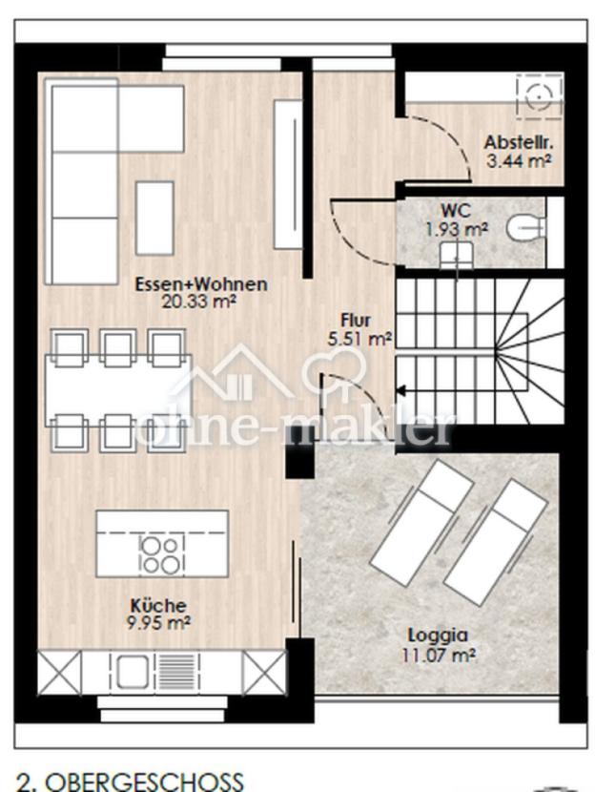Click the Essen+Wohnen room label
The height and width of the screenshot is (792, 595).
[x=201, y=283]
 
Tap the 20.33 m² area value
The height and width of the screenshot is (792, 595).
[x=199, y=302]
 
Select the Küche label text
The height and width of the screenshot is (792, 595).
[x=158, y=605]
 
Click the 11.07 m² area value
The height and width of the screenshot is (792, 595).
[x=438, y=656]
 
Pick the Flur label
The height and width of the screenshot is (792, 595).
[x=356, y=321]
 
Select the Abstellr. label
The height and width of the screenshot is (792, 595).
[x=519, y=142]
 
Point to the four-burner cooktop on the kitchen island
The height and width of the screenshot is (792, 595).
[x=161, y=554]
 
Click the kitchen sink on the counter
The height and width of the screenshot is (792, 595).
[x=132, y=672]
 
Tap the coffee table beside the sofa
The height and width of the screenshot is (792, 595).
[x=154, y=219]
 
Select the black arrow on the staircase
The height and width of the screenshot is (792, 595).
[x=401, y=390]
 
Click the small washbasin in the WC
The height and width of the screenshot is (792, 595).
[x=456, y=255]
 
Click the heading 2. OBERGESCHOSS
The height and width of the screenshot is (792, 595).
[x=131, y=781]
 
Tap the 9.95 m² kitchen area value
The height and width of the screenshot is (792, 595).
[x=158, y=623]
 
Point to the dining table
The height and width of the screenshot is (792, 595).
[x=118, y=390]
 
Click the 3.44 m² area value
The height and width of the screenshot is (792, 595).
[x=519, y=161]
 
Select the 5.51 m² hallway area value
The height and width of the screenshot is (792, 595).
[x=359, y=339]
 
